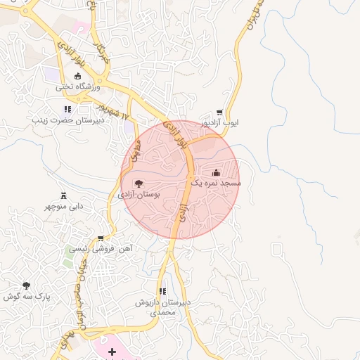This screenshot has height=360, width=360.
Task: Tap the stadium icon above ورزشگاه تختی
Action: (77, 77)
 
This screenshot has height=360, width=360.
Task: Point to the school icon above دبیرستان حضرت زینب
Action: (67, 109)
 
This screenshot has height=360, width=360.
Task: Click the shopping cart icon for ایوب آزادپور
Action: (219, 112)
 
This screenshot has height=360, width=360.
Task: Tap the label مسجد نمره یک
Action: (217, 182)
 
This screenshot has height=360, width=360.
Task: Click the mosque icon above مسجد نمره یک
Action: (216, 172)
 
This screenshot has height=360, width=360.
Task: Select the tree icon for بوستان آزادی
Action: (138, 183)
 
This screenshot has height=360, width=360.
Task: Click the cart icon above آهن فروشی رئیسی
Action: (101, 238)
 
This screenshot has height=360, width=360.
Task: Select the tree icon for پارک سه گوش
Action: (27, 285)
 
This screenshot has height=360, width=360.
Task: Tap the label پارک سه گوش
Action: (27, 297)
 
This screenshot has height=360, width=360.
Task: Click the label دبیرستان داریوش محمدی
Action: (164, 307)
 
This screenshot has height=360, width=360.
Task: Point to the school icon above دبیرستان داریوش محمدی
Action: (163, 291)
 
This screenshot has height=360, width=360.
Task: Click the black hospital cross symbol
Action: (112, 350)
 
